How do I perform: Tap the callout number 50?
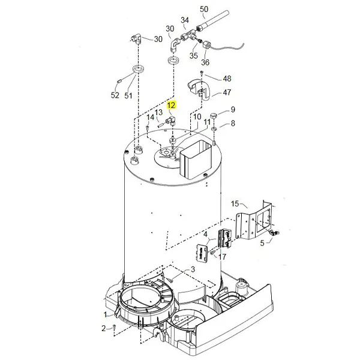pos(203,9)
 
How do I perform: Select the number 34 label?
pos(184,20)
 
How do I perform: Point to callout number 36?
pos(206,62)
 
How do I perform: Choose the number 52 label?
pos(115,95)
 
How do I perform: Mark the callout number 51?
pos(128,95)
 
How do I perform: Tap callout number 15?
pos(235,204)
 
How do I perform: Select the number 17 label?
pos(223,257)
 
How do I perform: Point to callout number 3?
pos(193,269)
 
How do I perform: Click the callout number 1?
pos(105,314)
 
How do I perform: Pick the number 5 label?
pos(261,243)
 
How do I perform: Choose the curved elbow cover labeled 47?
pos(196,87)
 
